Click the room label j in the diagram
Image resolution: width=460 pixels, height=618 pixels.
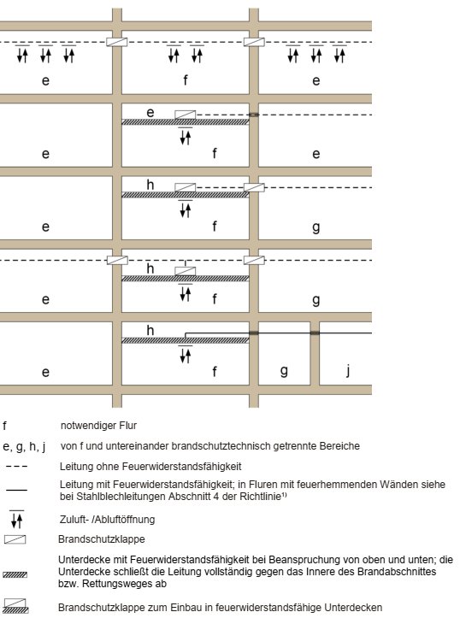[x=348, y=370]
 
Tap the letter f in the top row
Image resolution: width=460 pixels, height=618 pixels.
[x=186, y=80]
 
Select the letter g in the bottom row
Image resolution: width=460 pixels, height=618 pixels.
[x=284, y=371]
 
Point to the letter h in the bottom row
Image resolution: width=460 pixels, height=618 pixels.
[x=150, y=330]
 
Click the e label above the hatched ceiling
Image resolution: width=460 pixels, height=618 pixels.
[x=150, y=113]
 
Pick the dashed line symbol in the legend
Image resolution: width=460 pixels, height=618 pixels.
[x=16, y=467]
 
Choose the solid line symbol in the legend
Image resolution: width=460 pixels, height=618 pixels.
[x=16, y=490]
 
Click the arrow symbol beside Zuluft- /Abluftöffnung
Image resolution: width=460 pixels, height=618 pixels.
[x=16, y=519]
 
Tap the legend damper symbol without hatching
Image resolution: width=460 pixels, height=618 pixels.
[x=15, y=539]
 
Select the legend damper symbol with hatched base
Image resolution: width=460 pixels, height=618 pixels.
[x=15, y=606]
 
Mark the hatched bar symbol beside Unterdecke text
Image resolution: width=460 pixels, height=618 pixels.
[x=15, y=574]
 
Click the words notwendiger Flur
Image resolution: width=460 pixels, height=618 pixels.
[x=98, y=426]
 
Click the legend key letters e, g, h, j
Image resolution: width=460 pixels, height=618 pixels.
[x=24, y=446]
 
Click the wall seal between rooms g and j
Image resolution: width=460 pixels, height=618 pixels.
[x=315, y=333]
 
